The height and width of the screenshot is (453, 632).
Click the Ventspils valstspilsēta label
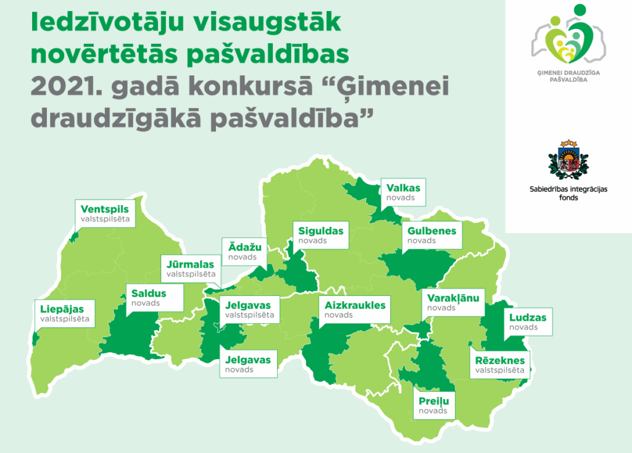coord(105,213)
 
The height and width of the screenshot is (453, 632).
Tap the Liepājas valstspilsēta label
coord(65,313)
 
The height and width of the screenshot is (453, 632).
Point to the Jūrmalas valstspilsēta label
coord(190,269)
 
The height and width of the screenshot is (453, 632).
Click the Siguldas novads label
coord(320,235)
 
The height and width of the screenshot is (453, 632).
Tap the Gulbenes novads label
coord(431,235)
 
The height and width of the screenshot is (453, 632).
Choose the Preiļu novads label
coord(433,405)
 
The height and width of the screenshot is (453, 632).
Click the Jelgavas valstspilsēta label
coord(248,309)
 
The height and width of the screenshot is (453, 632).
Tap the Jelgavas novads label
coord(247,364)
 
